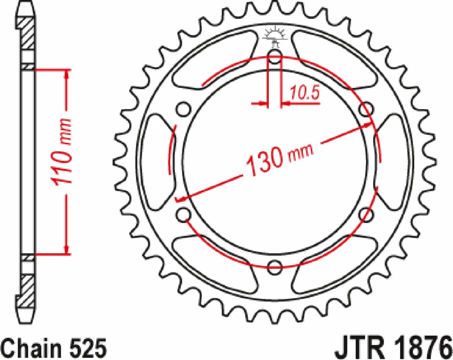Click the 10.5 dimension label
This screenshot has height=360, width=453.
pyautogui.click(x=304, y=93)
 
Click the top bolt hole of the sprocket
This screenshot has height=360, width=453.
pyautogui.click(x=275, y=57)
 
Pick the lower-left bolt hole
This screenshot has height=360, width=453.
pyautogui.click(x=184, y=215)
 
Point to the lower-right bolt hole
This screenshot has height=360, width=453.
pyautogui.click(x=366, y=215)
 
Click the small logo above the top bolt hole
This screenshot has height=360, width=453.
pyautogui.click(x=275, y=37)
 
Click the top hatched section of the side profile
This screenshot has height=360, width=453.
pyautogui.click(x=27, y=33)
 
